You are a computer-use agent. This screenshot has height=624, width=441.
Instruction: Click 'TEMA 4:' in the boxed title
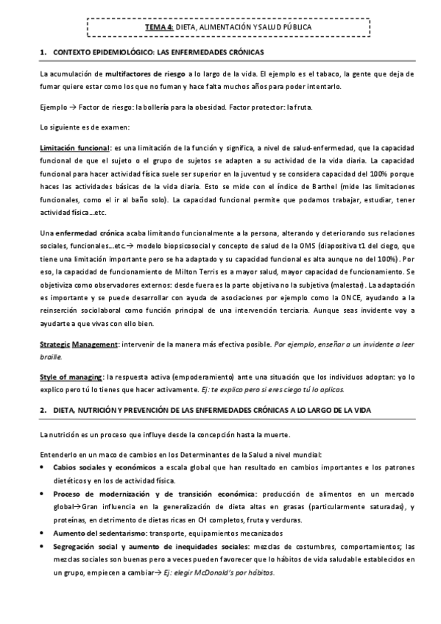click(x=159, y=26)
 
